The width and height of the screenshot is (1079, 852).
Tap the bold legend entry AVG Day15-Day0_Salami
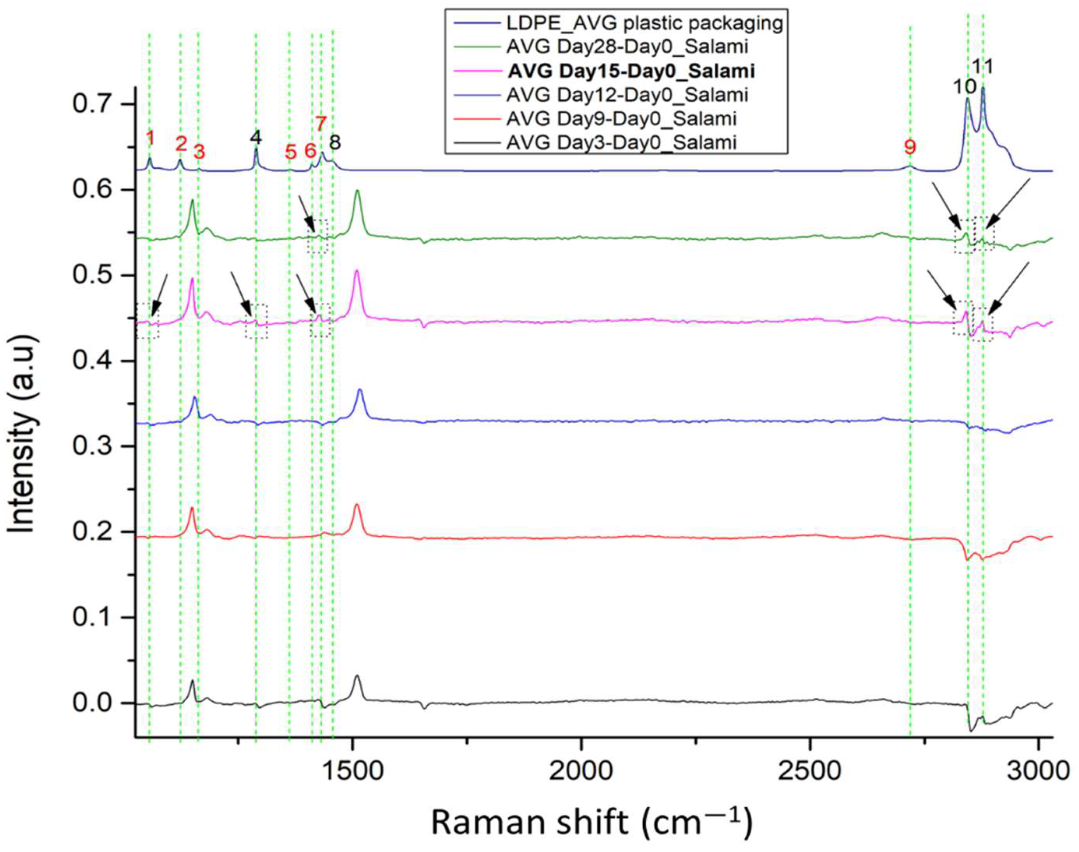pyautogui.click(x=631, y=71)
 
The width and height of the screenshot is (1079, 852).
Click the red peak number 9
pyautogui.click(x=910, y=147)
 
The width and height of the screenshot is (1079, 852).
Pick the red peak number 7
pyautogui.click(x=321, y=123)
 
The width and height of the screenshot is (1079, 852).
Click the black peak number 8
pyautogui.click(x=335, y=143)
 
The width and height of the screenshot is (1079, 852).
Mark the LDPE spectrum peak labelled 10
pyautogui.click(x=967, y=99)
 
